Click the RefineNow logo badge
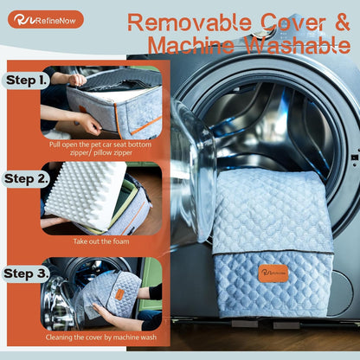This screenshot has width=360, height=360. pos(46,20)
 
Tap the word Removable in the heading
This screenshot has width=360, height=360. pos(190,22)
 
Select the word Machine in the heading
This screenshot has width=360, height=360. pos(191,45)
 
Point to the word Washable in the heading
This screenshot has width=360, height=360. pos(298,45)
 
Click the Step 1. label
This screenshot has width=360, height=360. pos(26,80)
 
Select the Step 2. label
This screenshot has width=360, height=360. pos(26,179)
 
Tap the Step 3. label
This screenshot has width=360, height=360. pos(26,273)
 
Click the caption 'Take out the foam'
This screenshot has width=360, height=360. pos(101,241)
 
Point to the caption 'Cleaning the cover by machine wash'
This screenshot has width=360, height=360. pos(101,337)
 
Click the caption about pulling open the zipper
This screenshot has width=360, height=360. pos(100,148)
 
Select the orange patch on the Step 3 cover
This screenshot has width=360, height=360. pos(119,294)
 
